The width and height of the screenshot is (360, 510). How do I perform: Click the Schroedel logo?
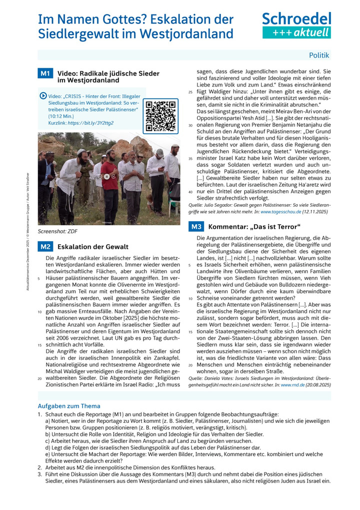[296, 19]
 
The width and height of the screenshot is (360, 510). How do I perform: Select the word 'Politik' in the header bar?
[319, 56]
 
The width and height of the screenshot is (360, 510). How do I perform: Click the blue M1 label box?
[45, 74]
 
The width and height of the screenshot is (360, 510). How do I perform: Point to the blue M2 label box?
[45, 246]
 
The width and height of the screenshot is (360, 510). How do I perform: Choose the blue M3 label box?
[195, 227]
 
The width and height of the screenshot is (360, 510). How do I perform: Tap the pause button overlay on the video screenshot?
[106, 176]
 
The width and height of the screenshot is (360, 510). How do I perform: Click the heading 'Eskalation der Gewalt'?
[93, 247]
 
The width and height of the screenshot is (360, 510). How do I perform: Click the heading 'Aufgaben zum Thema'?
[69, 406]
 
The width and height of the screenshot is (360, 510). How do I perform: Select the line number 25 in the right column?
[190, 92]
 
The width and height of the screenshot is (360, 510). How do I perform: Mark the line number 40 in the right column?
[190, 192]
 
